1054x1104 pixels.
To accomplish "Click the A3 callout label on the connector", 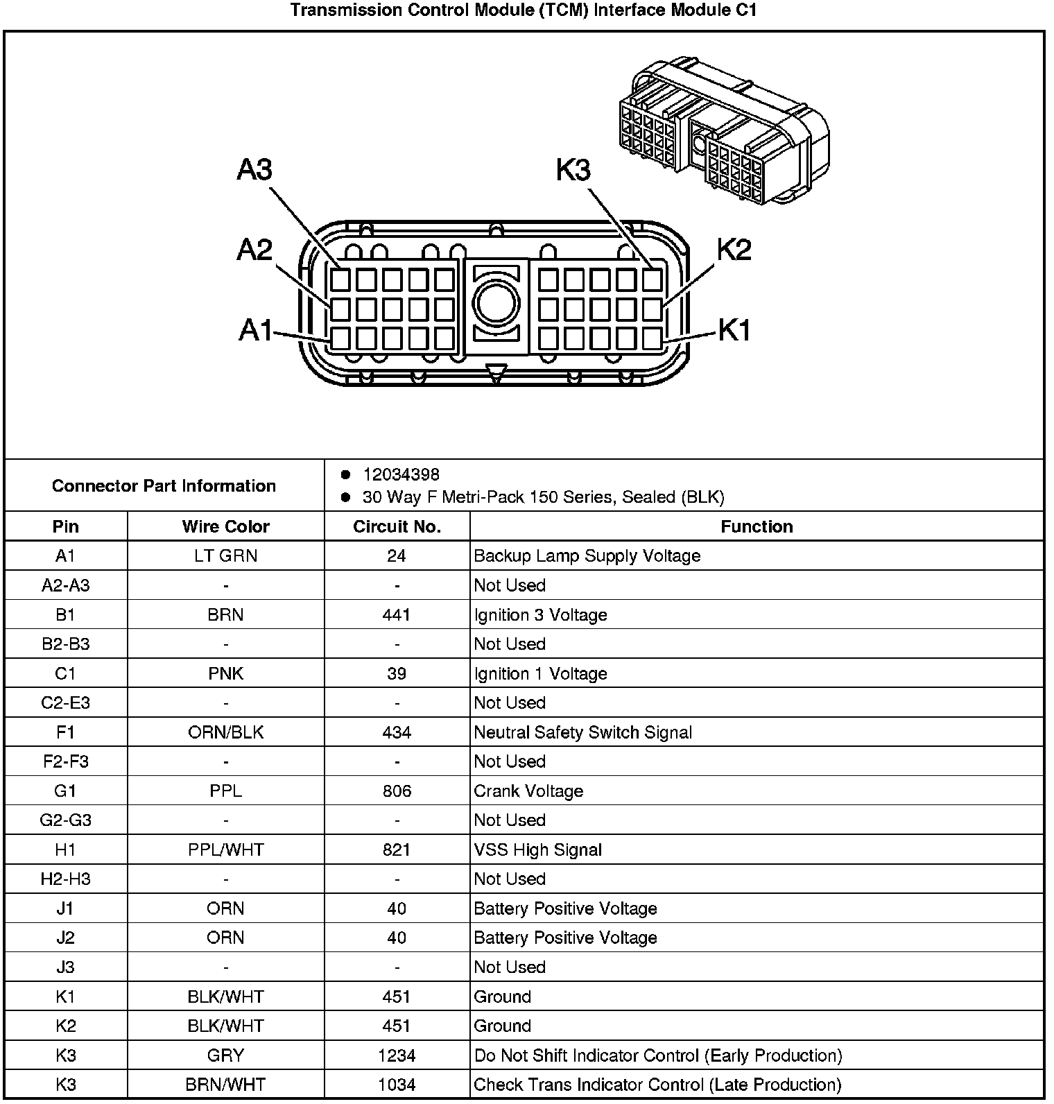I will [254, 169].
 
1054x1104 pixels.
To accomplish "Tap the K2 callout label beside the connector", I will [734, 250].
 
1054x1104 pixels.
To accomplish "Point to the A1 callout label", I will [255, 330].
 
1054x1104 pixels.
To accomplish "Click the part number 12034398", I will [401, 474].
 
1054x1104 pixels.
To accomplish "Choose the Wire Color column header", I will [225, 526].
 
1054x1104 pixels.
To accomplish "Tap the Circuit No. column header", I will [397, 526].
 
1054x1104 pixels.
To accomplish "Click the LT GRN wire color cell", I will [225, 555].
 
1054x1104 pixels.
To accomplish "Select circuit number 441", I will [397, 614].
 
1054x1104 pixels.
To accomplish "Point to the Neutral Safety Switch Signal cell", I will [582, 732].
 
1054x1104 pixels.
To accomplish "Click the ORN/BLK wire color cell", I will [225, 732].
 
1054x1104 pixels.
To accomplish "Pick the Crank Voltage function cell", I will [528, 791].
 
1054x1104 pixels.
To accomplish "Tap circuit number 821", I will [397, 849].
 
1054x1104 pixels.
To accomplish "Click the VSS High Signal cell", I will [537, 849].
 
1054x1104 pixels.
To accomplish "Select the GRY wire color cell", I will [225, 1055].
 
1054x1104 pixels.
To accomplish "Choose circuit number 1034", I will [397, 1085].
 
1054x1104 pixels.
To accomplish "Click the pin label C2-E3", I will [65, 702].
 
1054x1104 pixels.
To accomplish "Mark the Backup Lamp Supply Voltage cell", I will [587, 555].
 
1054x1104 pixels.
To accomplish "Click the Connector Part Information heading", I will [164, 485].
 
